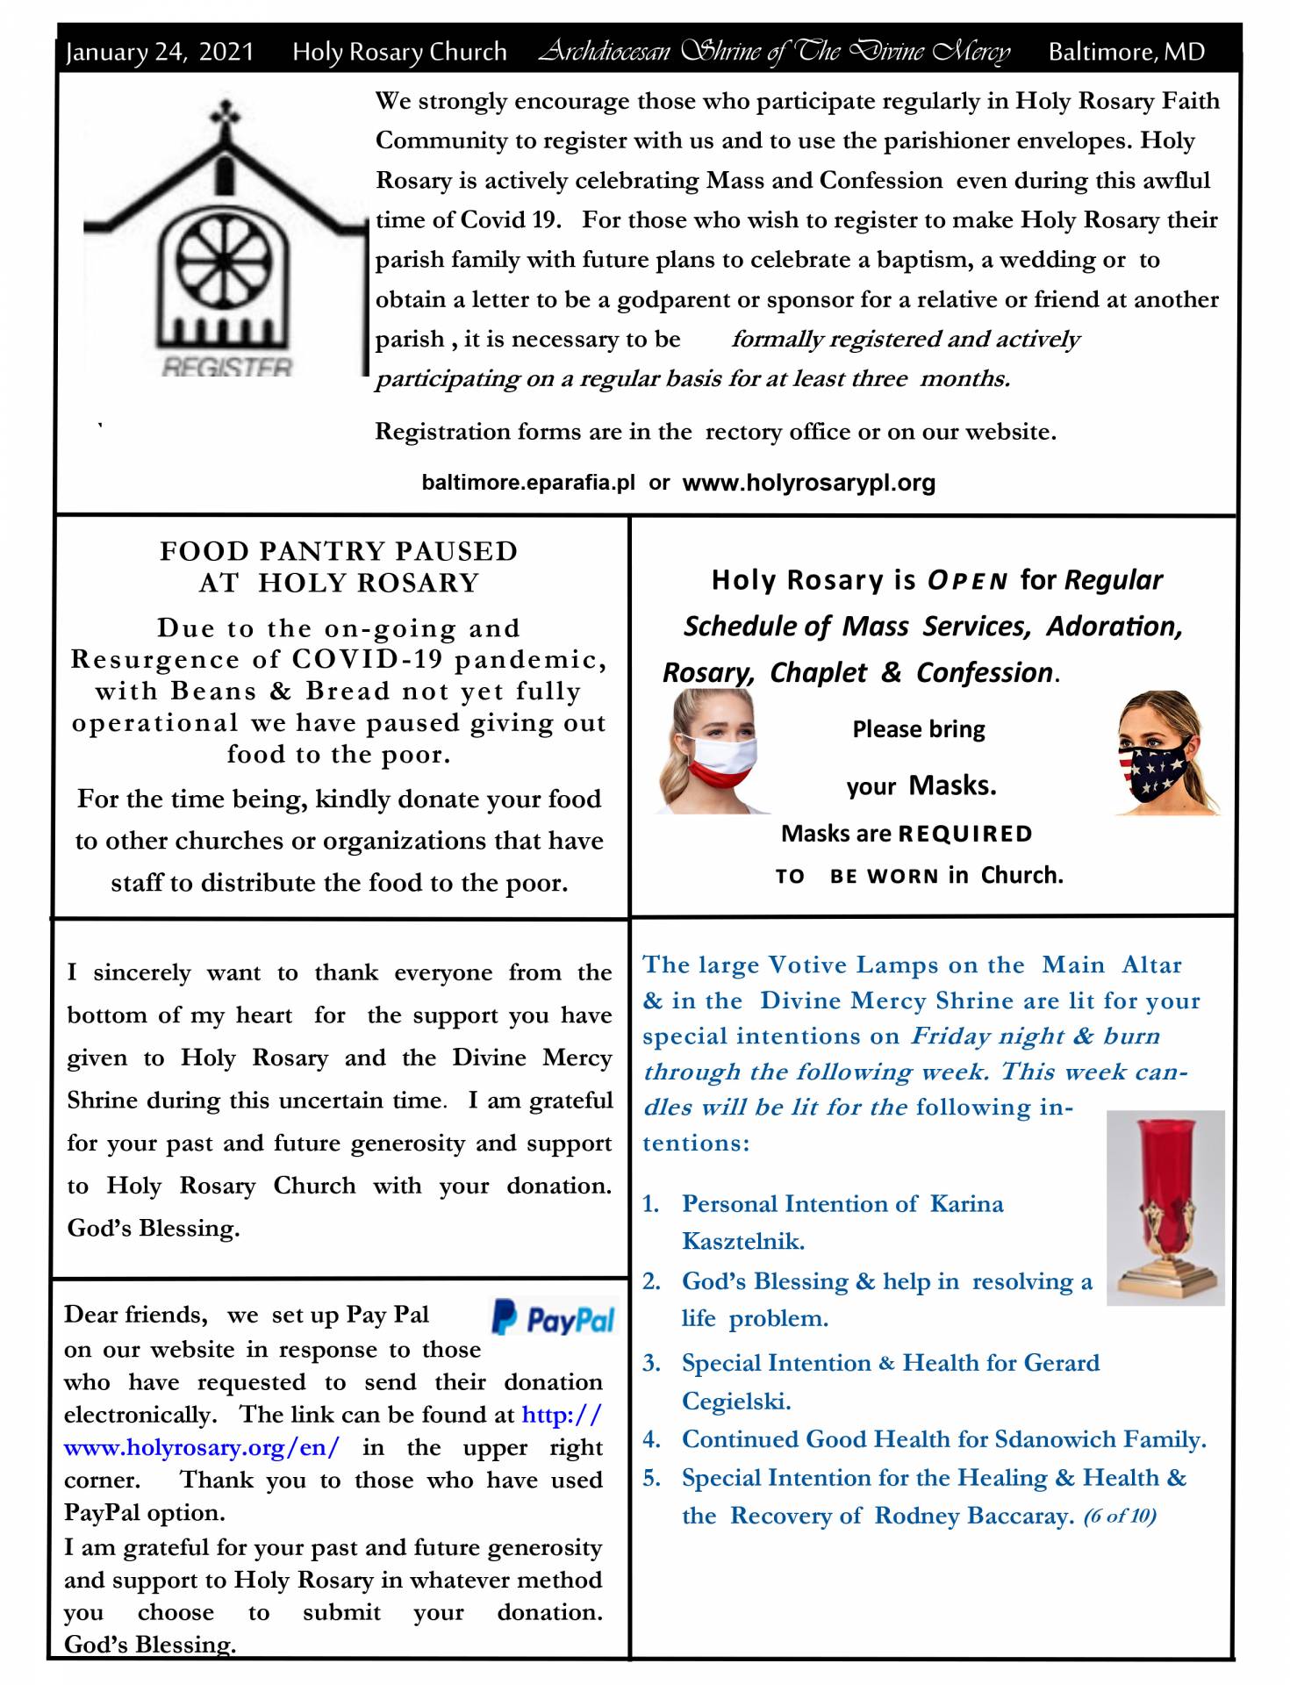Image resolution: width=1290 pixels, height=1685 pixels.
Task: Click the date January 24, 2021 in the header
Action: [x=159, y=52]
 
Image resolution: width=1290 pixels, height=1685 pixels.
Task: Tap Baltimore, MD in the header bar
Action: [x=1126, y=52]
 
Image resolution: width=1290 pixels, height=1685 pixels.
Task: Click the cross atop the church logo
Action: [x=226, y=115]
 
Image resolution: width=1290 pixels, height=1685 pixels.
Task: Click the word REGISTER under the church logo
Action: [x=226, y=368]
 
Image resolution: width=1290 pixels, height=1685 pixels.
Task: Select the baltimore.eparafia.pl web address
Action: [x=527, y=483]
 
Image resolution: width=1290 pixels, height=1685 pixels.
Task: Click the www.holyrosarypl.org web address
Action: [x=808, y=483]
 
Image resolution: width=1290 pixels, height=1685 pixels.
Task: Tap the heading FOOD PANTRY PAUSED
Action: [x=339, y=551]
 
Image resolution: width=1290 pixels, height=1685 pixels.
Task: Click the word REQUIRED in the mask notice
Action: [x=964, y=834]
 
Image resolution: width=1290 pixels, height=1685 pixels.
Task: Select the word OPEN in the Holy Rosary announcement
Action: [x=967, y=581]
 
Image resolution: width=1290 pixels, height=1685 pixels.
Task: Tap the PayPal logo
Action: [x=554, y=1318]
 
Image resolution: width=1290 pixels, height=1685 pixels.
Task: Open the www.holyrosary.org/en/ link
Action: [x=201, y=1447]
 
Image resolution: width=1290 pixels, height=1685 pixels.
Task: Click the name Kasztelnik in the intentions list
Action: [x=742, y=1241]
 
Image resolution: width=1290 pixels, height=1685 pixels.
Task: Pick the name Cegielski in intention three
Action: [x=735, y=1401]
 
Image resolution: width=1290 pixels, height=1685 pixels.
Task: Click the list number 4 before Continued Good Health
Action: [x=650, y=1439]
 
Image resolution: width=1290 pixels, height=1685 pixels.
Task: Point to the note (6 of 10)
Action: [x=1119, y=1516]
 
